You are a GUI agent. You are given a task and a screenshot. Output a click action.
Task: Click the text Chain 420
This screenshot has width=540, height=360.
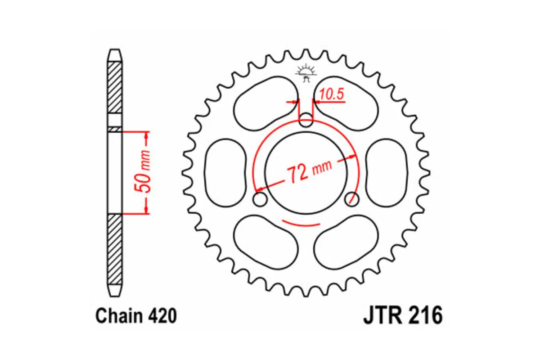(136, 316)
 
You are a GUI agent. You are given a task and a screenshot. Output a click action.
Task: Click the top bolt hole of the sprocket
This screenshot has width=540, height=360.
(306, 120)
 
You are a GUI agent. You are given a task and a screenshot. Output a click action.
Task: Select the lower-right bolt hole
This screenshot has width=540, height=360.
(353, 199)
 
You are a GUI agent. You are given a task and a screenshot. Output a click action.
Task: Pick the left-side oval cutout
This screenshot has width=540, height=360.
(225, 173)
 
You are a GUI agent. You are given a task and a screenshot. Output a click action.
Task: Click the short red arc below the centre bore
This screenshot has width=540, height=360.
(301, 223)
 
